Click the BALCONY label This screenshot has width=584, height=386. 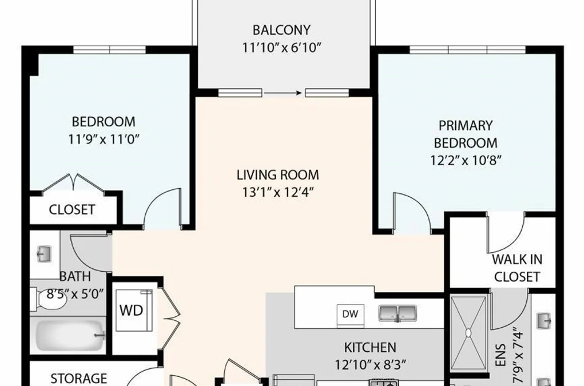pos(281,30)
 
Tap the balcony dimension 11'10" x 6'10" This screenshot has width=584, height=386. pos(281,48)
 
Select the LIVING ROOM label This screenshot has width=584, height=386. pos(278,175)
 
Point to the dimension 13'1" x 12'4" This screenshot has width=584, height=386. pos(277,193)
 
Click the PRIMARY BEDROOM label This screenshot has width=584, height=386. pos(466,134)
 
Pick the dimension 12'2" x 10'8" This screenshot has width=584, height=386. pos(466,160)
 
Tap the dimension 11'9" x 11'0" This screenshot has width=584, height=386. pos(104,140)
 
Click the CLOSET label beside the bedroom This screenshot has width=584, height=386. pos(72,209)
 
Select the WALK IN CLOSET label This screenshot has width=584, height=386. pos(517,268)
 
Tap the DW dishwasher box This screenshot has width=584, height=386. pos(351,314)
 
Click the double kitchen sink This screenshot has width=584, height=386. pos(397,313)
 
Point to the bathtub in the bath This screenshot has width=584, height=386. pos(70,335)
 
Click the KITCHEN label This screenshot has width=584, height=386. pos(370,347)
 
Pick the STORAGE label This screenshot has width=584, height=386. pos(78,378)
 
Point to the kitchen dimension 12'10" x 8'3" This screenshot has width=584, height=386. pos(370,365)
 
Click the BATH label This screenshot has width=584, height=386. pos(75,276)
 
